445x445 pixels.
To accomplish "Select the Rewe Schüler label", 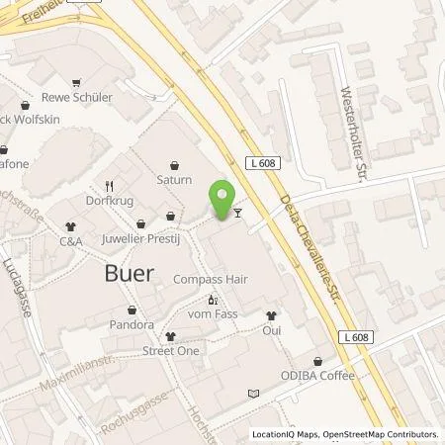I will [x=77, y=97].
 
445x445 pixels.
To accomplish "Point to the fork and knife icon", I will [x=111, y=184].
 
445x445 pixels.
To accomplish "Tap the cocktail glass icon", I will [x=237, y=211].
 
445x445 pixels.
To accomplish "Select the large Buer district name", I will [x=129, y=274].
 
